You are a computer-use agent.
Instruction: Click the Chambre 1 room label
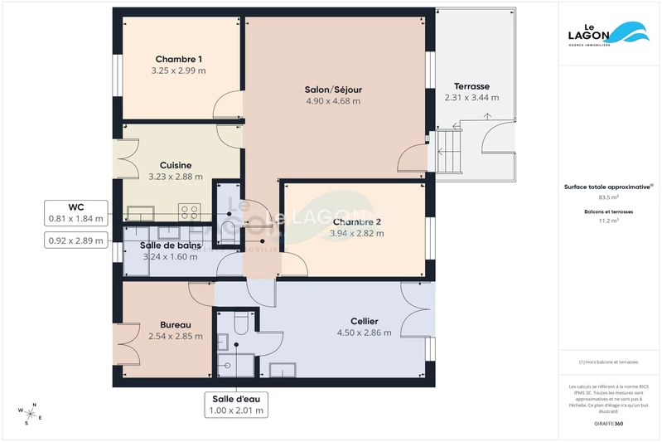point(178,59)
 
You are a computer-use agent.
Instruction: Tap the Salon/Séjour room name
point(333,90)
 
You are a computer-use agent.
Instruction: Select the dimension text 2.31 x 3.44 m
point(471,98)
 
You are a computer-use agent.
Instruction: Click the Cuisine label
point(176,165)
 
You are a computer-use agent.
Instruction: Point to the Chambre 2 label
point(357,221)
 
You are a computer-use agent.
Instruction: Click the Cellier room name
point(364,321)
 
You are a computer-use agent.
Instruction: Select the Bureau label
point(175,324)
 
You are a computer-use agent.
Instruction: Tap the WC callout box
point(76,212)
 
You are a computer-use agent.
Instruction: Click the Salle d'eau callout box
point(237,404)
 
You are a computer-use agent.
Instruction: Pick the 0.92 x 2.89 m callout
point(76,240)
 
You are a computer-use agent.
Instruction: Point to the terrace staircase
point(447,151)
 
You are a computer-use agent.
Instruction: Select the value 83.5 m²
point(609,197)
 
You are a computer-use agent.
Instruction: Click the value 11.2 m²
point(609,221)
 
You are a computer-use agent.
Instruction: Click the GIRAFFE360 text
point(609,423)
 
